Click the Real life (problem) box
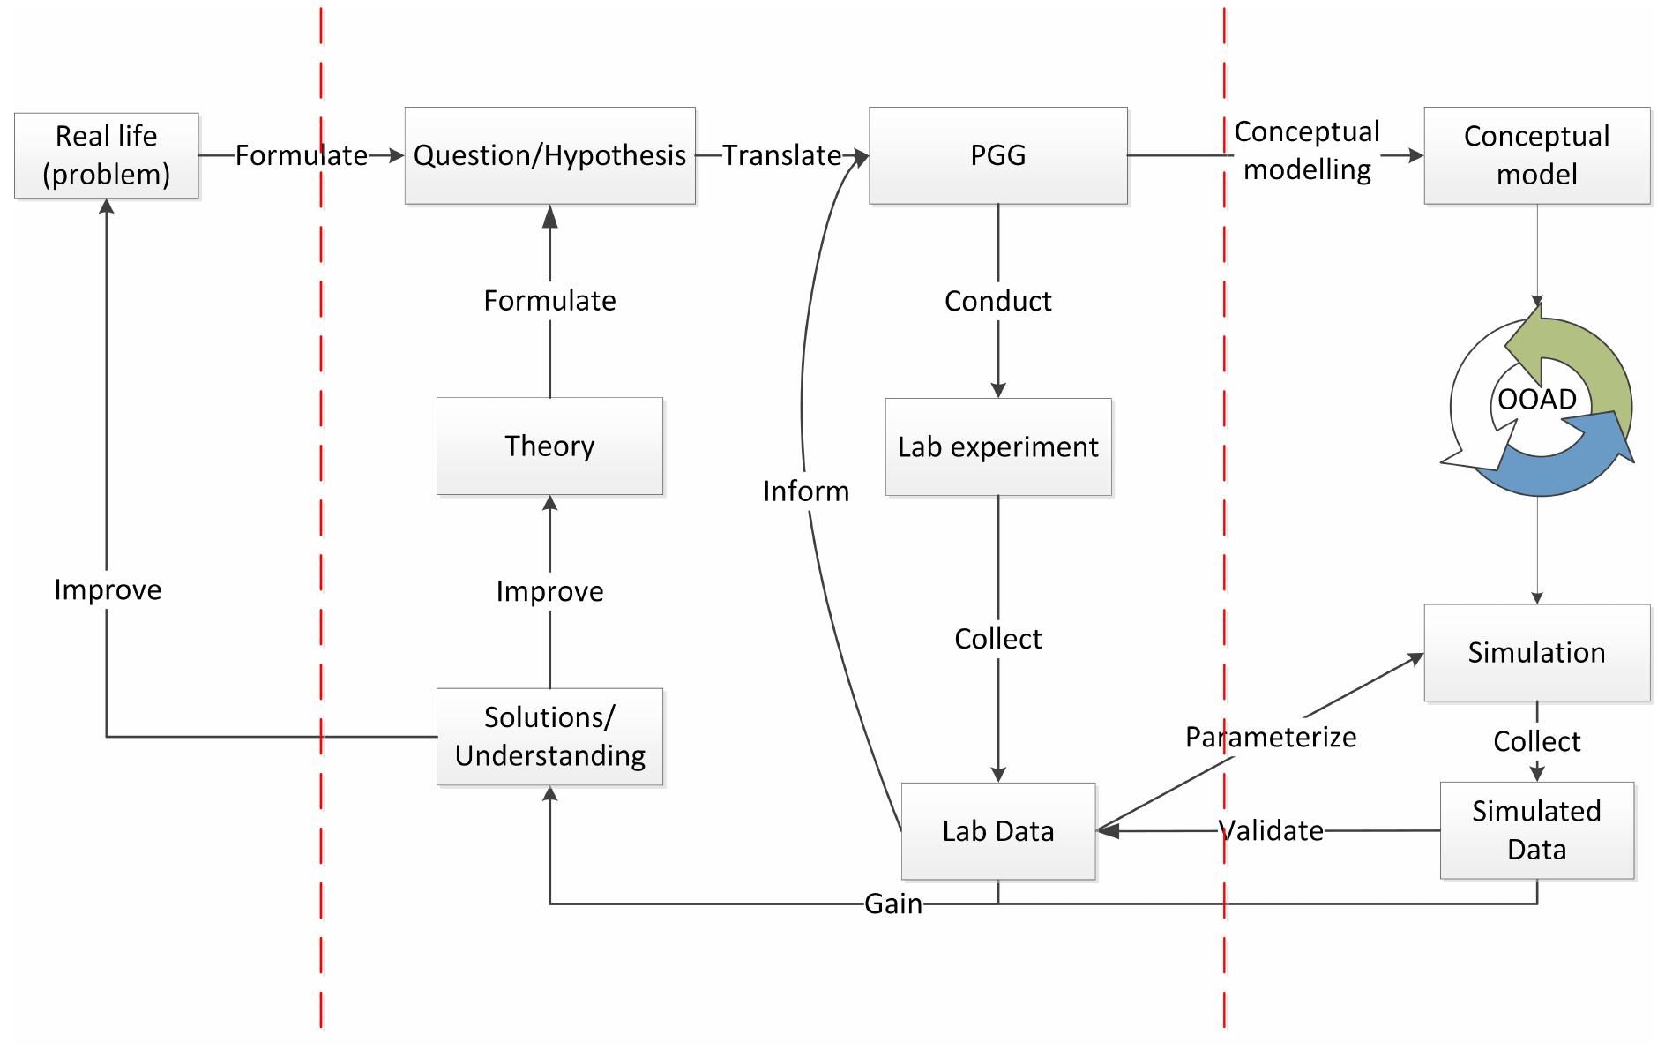click(107, 155)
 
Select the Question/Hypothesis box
click(549, 155)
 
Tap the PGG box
click(997, 155)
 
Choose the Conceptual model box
click(1536, 155)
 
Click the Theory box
click(549, 446)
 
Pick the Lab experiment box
click(997, 446)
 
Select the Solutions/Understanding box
click(549, 737)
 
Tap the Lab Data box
click(997, 830)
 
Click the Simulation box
click(1536, 653)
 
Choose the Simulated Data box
click(1536, 830)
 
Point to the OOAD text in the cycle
click(1536, 400)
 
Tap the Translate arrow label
click(781, 155)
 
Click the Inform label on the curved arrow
click(806, 491)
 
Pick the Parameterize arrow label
click(1270, 737)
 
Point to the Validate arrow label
click(1270, 830)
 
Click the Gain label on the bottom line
click(892, 904)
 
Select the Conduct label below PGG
click(997, 301)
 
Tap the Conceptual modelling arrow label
click(1306, 151)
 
